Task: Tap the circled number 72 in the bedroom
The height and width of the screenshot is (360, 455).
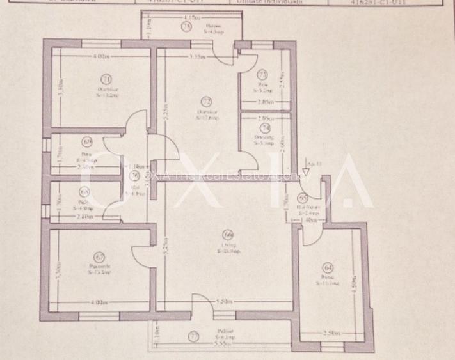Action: pos(206,101)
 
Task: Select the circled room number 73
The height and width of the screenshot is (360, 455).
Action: pos(262,75)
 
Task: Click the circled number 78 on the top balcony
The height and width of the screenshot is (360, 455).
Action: pos(186,27)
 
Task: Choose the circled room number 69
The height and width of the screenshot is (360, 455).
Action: pos(87,142)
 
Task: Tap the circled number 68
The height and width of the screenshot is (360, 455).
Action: pos(84,191)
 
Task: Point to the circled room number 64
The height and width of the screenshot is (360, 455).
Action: pos(329,267)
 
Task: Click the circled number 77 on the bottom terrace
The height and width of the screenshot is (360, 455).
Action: pos(193,335)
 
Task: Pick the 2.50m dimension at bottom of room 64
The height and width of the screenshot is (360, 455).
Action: pos(332,334)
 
